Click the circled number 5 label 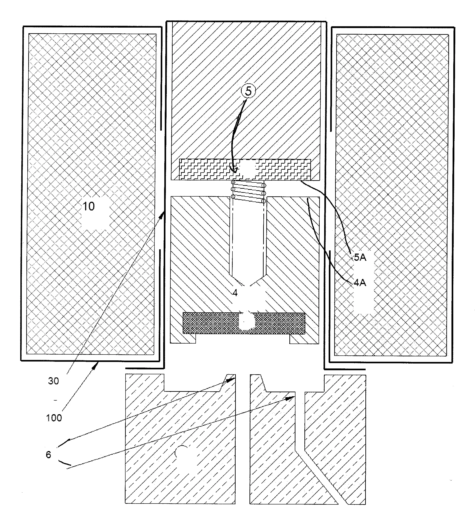(248, 91)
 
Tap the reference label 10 (88, 206)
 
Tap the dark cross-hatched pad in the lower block (244, 323)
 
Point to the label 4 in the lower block (235, 293)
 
